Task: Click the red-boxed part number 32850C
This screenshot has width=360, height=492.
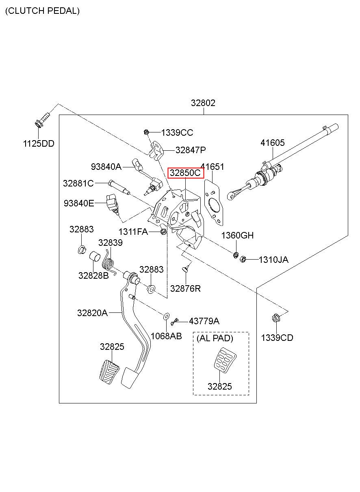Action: tap(185, 173)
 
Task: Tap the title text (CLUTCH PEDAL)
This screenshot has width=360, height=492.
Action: tap(42, 11)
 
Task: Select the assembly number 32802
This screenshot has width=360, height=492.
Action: tap(203, 103)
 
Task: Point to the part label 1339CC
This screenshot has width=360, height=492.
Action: tap(177, 132)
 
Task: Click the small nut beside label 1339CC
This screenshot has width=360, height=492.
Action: tap(146, 132)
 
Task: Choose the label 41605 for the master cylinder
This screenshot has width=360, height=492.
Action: tap(273, 143)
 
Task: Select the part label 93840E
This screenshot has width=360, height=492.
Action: tap(79, 203)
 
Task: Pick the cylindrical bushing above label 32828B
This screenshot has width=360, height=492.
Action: tap(95, 256)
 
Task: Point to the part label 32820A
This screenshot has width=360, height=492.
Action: tap(92, 313)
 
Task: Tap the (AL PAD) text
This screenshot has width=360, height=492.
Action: tap(215, 338)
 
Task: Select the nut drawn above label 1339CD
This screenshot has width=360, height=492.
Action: tap(276, 318)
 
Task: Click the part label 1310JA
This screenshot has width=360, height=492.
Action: tap(273, 260)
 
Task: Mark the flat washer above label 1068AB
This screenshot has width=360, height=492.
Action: tap(166, 316)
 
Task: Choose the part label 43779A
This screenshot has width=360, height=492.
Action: tap(204, 321)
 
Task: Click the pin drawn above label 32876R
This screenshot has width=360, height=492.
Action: tap(186, 268)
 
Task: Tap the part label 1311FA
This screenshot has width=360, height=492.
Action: tap(133, 232)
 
